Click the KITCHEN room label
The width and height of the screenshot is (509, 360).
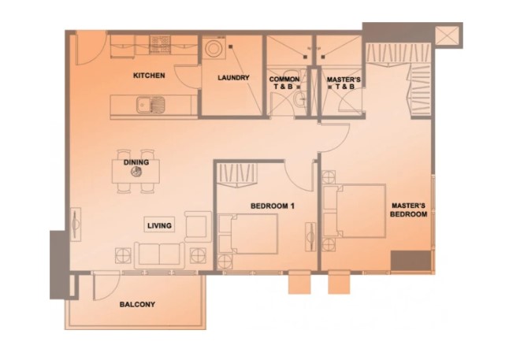point(149,76)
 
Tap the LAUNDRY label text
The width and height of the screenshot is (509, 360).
point(233,77)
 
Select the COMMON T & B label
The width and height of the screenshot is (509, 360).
point(284,83)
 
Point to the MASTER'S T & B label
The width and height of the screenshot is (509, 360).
point(344,83)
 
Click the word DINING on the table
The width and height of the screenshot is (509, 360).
point(136,162)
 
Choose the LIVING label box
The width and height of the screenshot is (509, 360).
point(159,225)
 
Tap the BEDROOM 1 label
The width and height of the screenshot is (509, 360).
point(273,206)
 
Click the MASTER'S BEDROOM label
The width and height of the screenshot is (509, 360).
point(408,210)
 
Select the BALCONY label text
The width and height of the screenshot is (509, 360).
point(137,305)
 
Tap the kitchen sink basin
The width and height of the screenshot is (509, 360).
point(143,105)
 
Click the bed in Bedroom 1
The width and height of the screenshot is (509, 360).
point(248,234)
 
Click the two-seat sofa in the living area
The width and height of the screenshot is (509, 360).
point(159,255)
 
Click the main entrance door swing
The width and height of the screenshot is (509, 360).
point(91,49)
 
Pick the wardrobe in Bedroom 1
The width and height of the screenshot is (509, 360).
point(237,176)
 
